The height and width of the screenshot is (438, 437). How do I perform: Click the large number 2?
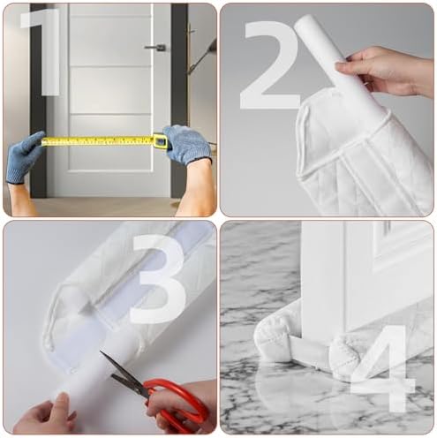(271, 66)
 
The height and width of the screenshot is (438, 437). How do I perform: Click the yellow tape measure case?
(160, 140)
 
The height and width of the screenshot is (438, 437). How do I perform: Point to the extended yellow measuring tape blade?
(97, 140)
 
